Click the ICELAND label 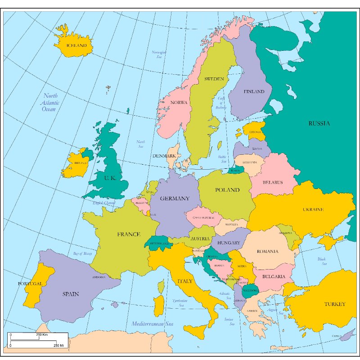pyautogui.click(x=76, y=45)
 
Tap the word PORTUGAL pyautogui.click(x=30, y=284)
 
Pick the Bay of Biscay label pyautogui.click(x=82, y=254)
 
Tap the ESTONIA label pyautogui.click(x=255, y=132)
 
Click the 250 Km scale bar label pyautogui.click(x=42, y=335)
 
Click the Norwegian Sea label pyautogui.click(x=159, y=55)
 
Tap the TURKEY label pyautogui.click(x=335, y=304)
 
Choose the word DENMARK pyautogui.click(x=164, y=156)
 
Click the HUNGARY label pyautogui.click(x=228, y=243)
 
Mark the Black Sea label pyautogui.click(x=321, y=261)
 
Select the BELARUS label pyautogui.click(x=273, y=182)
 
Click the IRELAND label pyautogui.click(x=81, y=163)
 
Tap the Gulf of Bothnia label pyautogui.click(x=221, y=103)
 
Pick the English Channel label pyautogui.click(x=104, y=203)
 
